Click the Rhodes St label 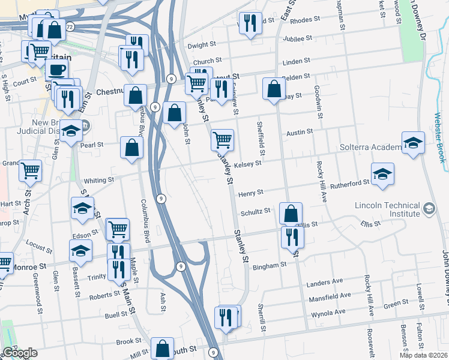304,20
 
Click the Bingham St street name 270,266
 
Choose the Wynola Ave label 328,313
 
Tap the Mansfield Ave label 329,296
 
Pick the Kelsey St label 248,163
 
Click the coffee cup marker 58,69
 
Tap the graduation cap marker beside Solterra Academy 413,142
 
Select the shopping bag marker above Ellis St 291,213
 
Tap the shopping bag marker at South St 162,347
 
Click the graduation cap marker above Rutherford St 382,173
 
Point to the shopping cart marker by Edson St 118,228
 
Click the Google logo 20,353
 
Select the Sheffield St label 260,134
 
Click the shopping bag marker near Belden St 274,89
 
